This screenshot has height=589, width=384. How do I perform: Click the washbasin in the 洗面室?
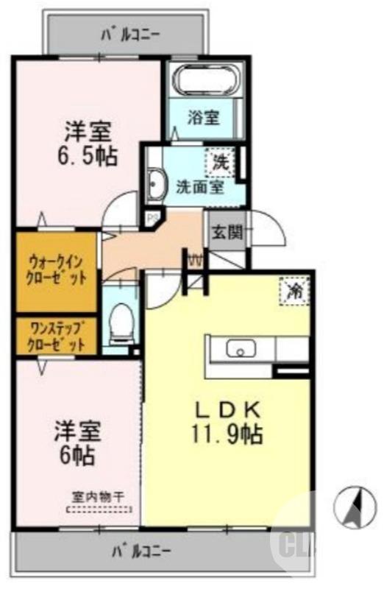(156, 184)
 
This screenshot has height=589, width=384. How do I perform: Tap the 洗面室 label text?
(199, 186)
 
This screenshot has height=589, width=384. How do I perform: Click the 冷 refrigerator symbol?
(294, 290)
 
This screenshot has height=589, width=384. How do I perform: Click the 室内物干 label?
(98, 497)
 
